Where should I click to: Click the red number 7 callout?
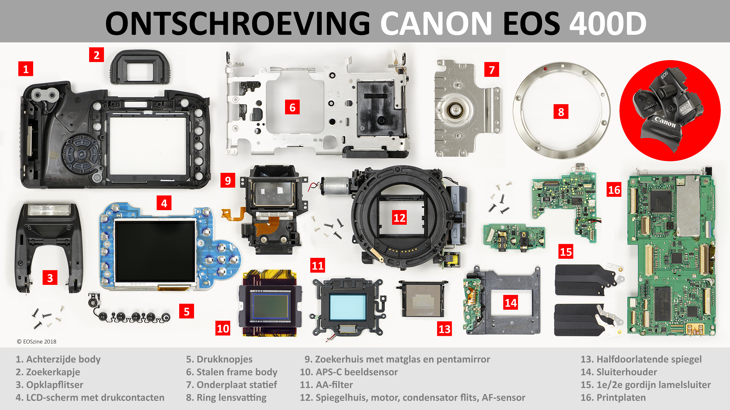[x=492, y=70]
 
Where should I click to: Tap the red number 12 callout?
[x=399, y=217]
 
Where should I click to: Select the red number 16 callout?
[x=614, y=190]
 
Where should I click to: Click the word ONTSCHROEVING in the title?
[x=237, y=23]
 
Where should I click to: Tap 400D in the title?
[x=608, y=23]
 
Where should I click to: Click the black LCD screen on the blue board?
[x=155, y=251]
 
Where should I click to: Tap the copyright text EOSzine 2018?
[x=37, y=341]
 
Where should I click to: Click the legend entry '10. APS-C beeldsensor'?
[x=349, y=372]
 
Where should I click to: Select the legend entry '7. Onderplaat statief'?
[x=231, y=384]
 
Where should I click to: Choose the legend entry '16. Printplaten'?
[x=613, y=397]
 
